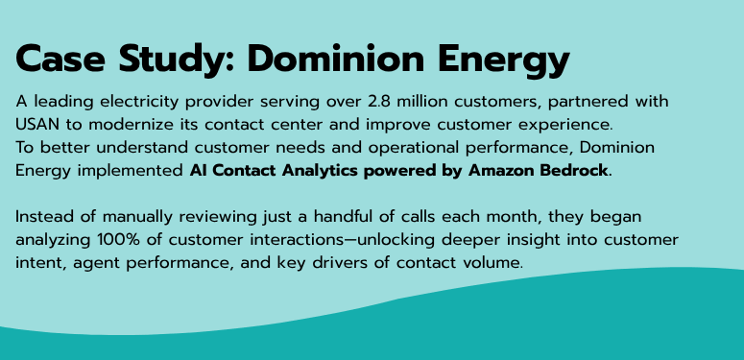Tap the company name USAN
coord(39,124)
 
